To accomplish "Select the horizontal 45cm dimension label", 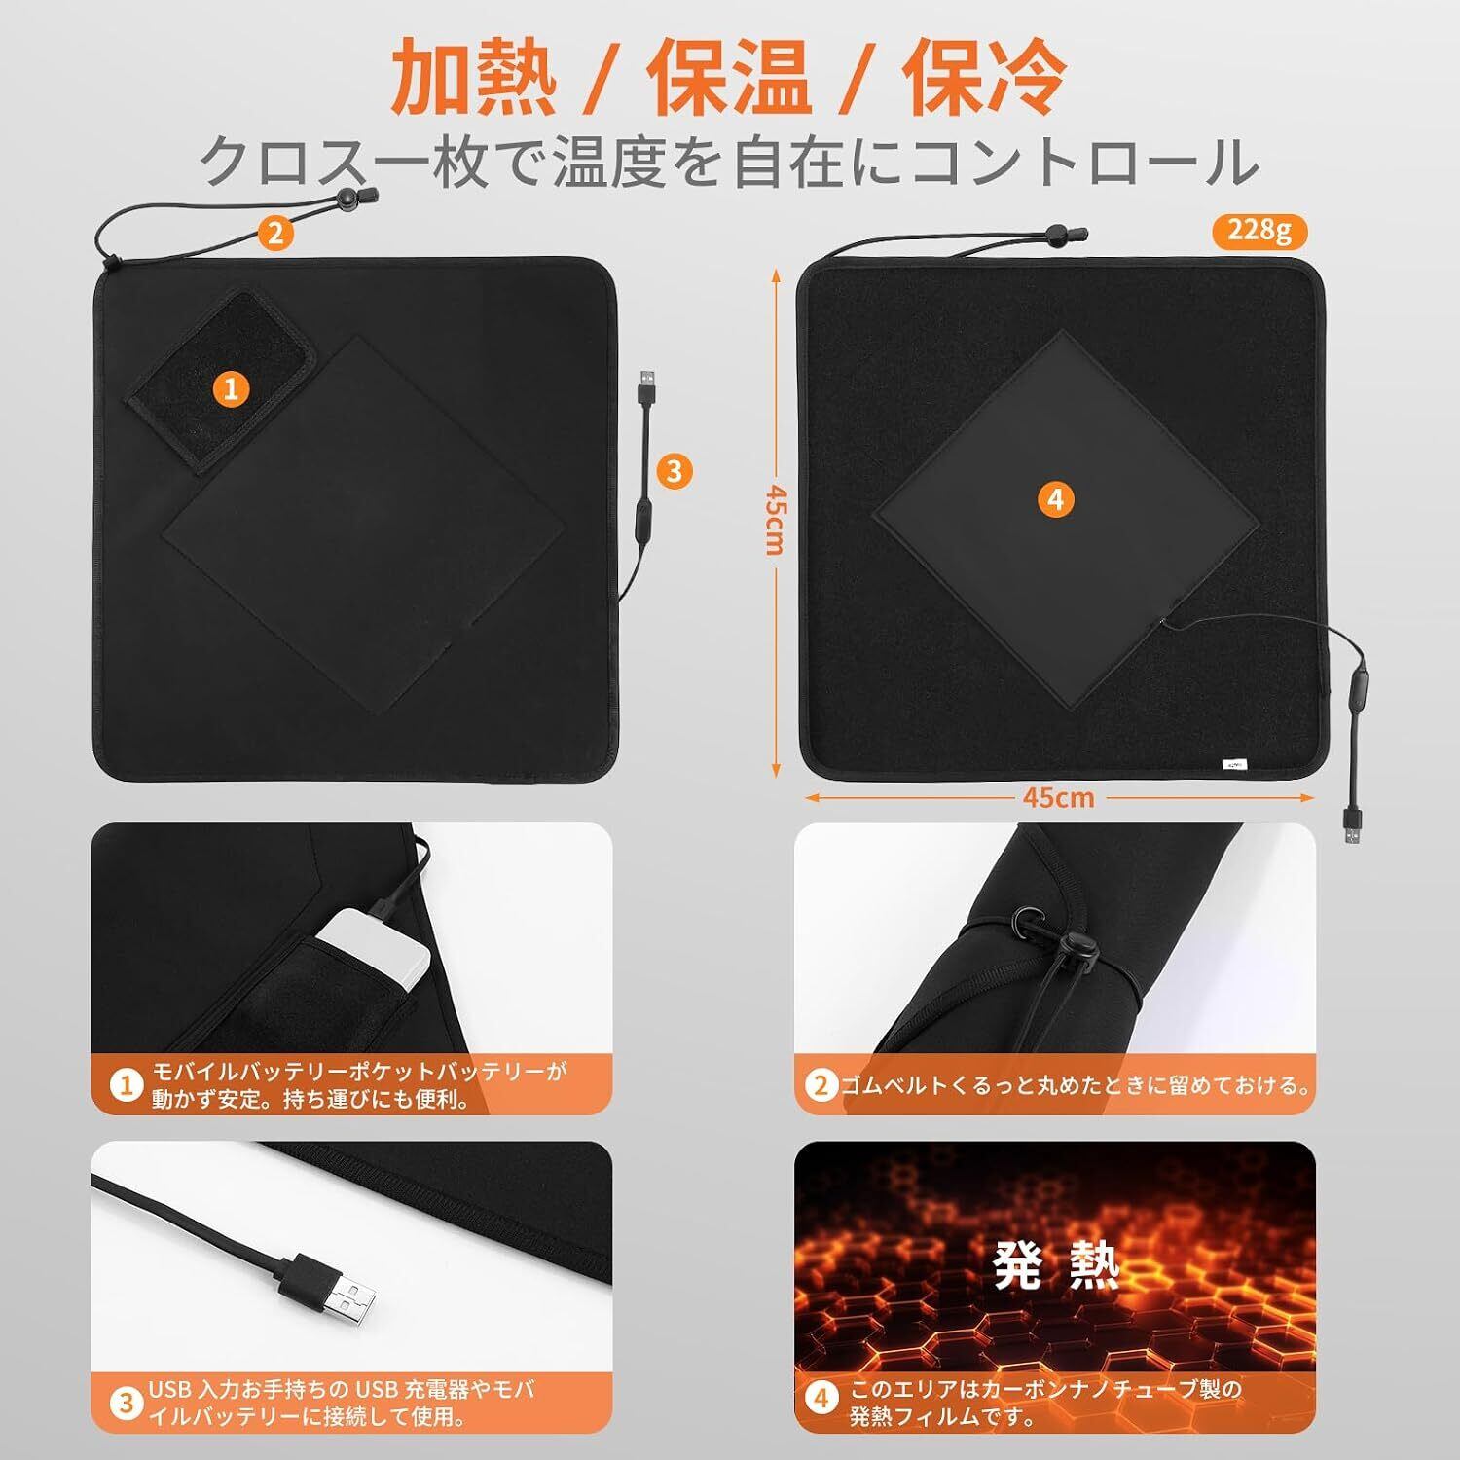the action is [1059, 797].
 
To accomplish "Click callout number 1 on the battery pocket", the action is [231, 389].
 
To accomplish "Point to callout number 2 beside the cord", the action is [275, 233].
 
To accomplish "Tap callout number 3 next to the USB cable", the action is [675, 472].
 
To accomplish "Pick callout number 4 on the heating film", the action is [1057, 500].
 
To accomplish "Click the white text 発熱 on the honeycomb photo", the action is [1056, 1266].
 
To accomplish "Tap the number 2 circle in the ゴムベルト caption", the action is [822, 1085].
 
